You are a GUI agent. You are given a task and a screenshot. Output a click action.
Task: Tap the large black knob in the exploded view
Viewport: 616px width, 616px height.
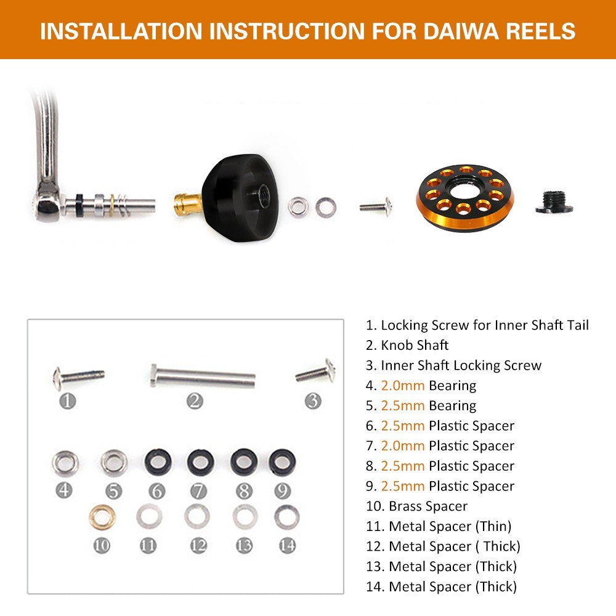coord(240,198)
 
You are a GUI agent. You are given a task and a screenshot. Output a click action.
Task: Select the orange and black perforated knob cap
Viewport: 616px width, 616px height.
coord(464,198)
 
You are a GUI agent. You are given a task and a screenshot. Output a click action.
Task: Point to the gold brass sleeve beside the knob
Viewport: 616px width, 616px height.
coord(188,203)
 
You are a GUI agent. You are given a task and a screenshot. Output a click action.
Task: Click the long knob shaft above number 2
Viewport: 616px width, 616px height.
coord(202,376)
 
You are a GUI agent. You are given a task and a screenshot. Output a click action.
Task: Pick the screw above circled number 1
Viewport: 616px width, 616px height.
coord(79,377)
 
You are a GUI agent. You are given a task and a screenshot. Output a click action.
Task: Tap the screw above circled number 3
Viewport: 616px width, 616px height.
coord(316,371)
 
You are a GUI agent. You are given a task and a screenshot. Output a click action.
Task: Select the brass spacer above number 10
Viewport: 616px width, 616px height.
coord(102,517)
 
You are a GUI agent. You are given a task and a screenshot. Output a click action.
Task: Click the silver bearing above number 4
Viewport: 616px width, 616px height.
coord(65,463)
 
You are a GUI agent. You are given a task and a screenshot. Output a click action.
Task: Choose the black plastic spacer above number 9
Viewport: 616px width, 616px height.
coord(282,462)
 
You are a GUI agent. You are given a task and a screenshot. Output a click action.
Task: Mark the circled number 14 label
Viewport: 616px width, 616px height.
coord(287,545)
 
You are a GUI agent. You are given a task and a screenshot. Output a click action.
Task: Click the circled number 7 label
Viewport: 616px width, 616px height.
coord(198,491)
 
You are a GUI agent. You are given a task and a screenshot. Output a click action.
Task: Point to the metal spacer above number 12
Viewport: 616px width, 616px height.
coord(197,517)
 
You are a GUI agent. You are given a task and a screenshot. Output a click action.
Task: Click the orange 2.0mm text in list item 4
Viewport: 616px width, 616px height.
coord(403,386)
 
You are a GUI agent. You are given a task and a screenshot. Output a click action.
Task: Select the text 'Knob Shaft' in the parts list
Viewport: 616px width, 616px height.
coord(415,346)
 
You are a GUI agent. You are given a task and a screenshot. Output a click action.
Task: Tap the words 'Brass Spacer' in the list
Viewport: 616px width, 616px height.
coord(428,506)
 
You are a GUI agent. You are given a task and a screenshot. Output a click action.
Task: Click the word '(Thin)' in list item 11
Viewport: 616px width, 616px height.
coord(493,527)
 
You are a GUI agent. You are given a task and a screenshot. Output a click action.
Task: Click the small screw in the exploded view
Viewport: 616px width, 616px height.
coord(376,206)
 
